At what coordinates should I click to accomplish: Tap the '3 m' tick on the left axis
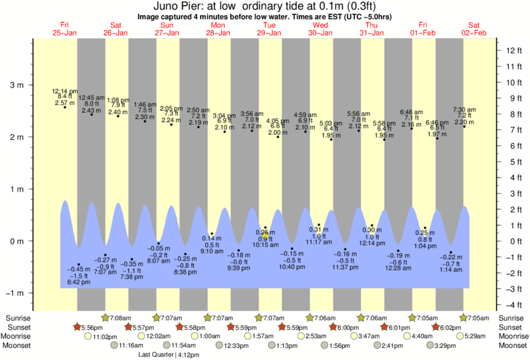pyautogui.click(x=16, y=85)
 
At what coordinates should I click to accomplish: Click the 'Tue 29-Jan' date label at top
pyautogui.click(x=271, y=29)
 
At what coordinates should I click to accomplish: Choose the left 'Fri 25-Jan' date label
pyautogui.click(x=65, y=29)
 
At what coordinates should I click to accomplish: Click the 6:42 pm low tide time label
pyautogui.click(x=78, y=283)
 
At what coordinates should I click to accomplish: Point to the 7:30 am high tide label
pyautogui.click(x=465, y=110)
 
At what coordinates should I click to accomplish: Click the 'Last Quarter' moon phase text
pyautogui.click(x=155, y=355)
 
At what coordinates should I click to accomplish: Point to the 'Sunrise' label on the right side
pyautogui.click(x=507, y=318)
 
